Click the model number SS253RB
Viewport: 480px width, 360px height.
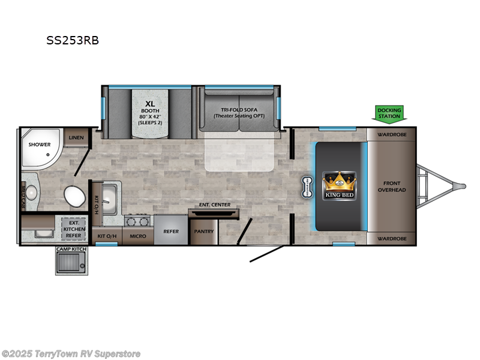73,41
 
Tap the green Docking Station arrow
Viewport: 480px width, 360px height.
389,113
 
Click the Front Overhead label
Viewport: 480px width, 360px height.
391,186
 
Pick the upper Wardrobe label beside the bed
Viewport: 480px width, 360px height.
391,134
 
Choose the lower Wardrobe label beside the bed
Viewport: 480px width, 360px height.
391,238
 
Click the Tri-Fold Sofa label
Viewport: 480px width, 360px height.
239,112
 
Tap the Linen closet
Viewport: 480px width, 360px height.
76,137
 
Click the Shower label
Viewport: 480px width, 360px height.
39,144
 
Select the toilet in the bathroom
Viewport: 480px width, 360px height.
74,196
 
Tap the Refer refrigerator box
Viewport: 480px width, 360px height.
170,231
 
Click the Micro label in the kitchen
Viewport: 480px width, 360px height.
137,236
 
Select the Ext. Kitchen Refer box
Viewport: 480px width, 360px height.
74,229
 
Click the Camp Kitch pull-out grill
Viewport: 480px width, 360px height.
71,262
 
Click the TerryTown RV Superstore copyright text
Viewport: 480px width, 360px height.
71,354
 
